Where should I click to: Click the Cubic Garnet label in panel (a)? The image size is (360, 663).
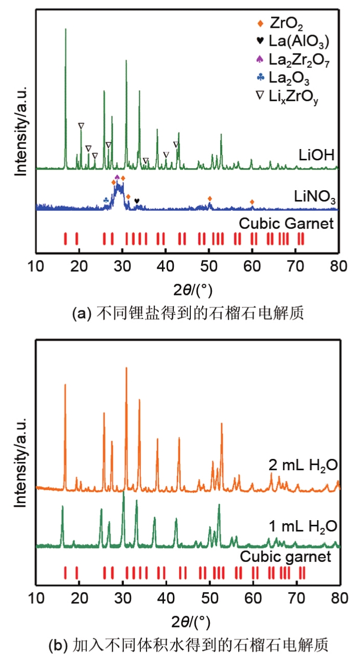click(x=287, y=224)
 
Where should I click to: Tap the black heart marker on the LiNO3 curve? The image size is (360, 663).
click(x=136, y=201)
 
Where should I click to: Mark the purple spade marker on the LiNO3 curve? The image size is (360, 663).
click(x=117, y=177)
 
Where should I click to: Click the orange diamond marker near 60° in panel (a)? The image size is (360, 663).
click(x=252, y=202)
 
